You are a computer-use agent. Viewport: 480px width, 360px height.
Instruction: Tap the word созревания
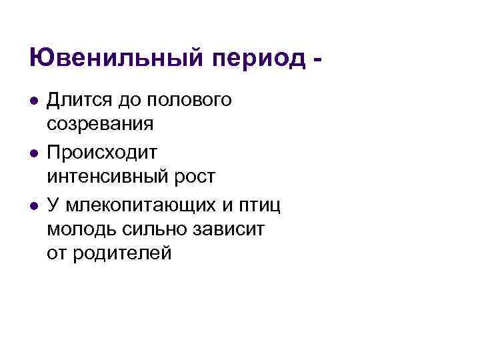[101, 125]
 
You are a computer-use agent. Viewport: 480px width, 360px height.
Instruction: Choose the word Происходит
[102, 153]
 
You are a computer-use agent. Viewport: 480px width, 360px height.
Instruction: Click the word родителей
[127, 253]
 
